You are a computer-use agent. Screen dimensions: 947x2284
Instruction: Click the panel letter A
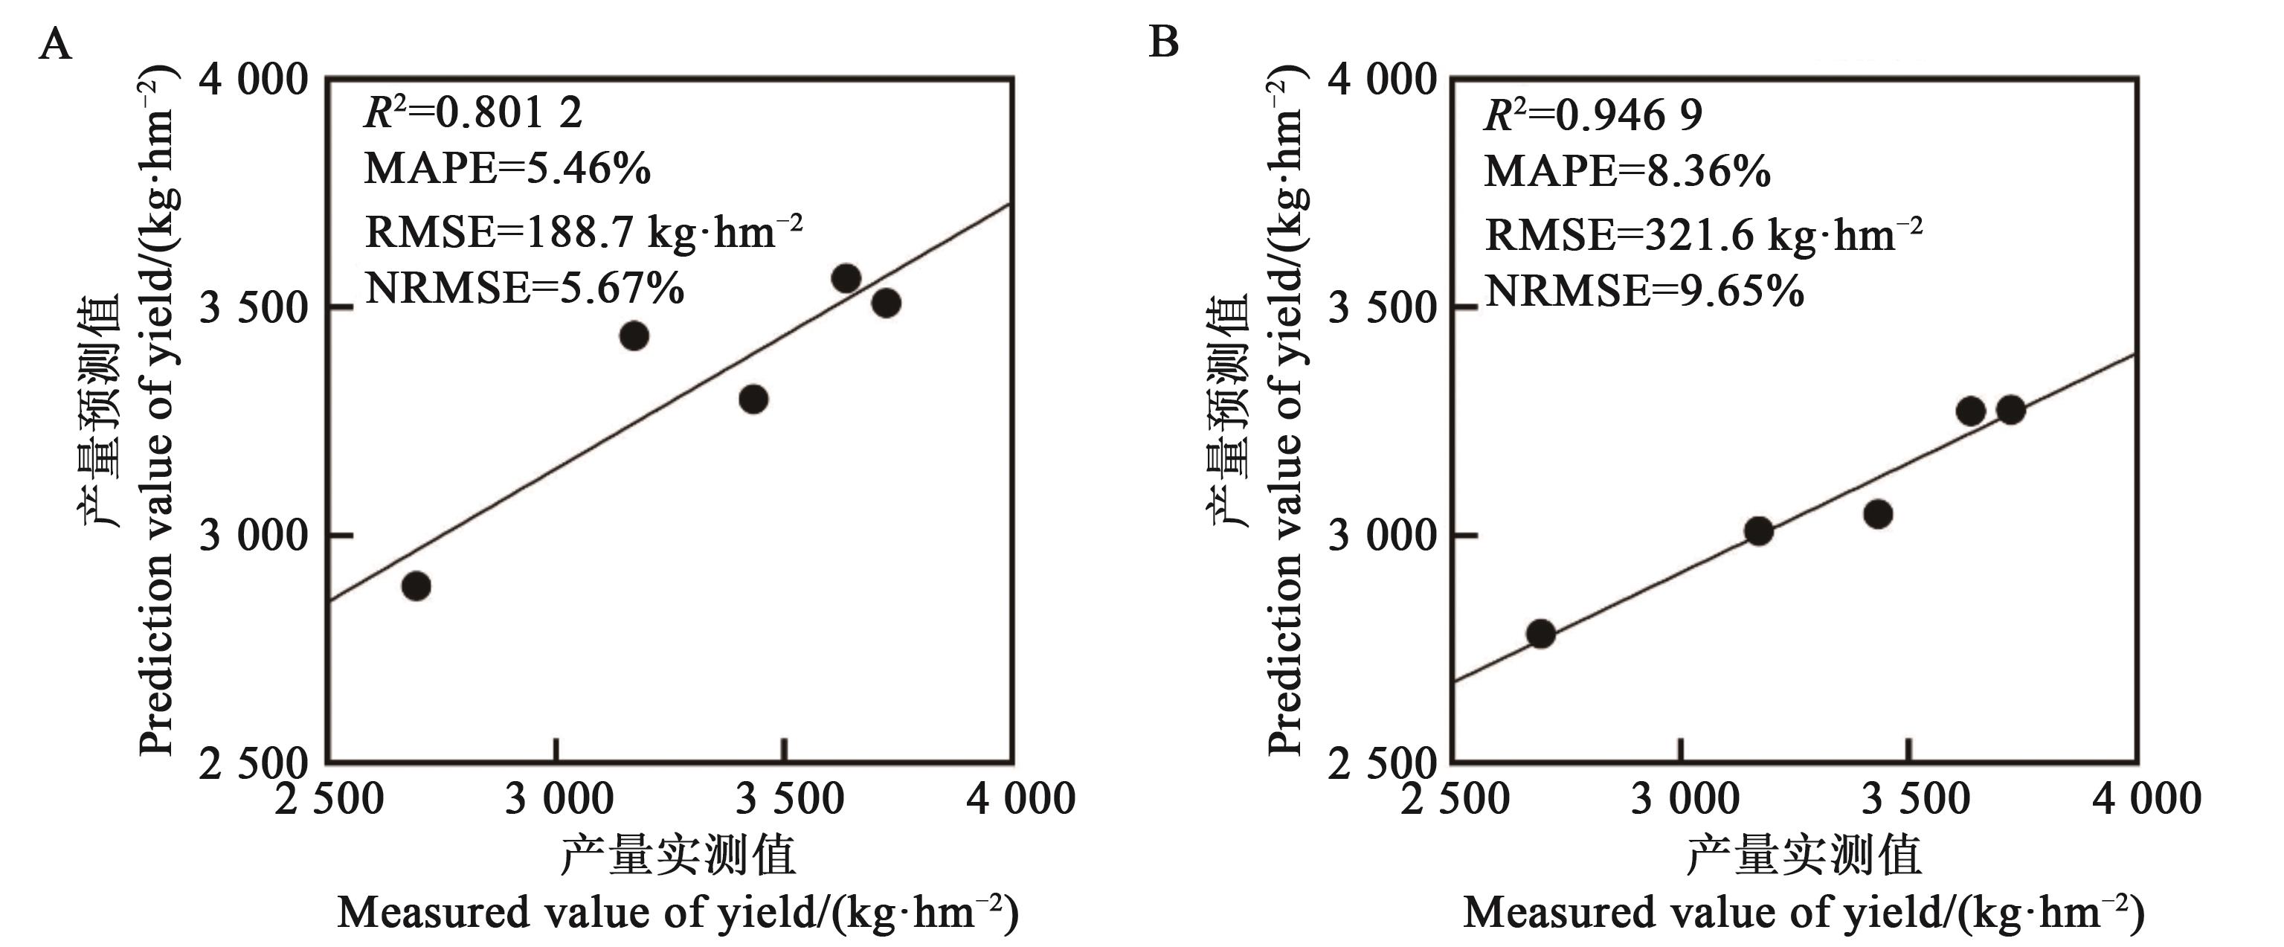coord(55,43)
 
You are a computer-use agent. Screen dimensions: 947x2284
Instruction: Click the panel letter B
coord(1163,42)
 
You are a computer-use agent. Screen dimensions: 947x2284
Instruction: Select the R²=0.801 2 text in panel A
coord(474,114)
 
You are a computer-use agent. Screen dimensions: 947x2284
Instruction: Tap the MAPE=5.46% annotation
coord(507,168)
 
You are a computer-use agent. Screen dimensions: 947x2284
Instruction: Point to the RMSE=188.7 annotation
coord(583,231)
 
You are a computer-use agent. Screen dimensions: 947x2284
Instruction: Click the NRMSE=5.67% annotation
coord(524,288)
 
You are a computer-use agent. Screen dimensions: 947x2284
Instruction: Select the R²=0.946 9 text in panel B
coord(1593,115)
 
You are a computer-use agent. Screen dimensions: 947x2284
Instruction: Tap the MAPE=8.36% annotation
coord(1627,171)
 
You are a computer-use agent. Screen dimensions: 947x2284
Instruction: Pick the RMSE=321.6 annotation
coord(1703,234)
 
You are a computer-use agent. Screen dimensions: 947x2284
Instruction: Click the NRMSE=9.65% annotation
coord(1644,291)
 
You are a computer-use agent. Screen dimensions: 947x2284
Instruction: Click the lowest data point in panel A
coord(416,586)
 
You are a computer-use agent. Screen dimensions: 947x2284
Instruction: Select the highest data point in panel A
coord(846,278)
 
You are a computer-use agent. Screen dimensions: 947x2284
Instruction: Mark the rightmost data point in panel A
coord(886,304)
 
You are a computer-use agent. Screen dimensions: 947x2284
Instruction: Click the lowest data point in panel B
coord(1540,634)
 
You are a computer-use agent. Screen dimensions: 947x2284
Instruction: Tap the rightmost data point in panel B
coord(2010,410)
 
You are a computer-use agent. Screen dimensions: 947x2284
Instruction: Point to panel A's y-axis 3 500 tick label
coord(253,309)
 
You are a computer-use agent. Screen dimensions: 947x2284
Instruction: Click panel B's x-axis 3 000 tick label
coord(1685,799)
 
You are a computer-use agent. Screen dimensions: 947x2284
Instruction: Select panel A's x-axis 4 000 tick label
coord(1020,799)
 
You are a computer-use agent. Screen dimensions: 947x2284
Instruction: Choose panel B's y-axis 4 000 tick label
coord(1381,80)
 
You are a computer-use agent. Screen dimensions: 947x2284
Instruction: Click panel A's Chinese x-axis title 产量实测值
coord(678,855)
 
